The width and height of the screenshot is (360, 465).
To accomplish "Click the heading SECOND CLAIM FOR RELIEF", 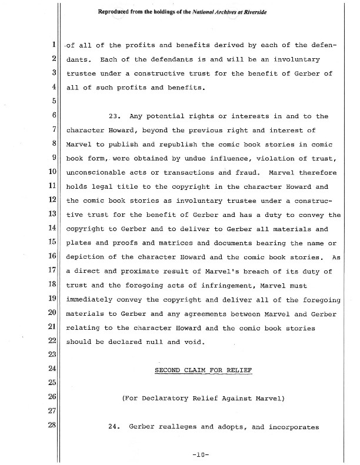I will click(202, 370).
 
